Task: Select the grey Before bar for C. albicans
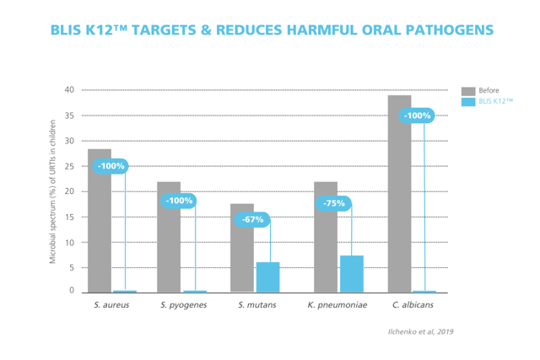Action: point(400,194)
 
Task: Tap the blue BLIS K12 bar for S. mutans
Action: point(267,277)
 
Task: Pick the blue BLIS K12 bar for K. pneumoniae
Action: point(352,274)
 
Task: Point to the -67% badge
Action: point(252,220)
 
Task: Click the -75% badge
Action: point(334,203)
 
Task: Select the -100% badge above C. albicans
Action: point(417,116)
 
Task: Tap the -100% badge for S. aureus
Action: point(111,166)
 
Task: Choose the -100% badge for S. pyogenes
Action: point(179,201)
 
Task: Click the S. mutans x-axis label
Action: point(255,305)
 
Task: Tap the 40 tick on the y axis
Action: point(69,90)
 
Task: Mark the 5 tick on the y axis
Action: point(72,268)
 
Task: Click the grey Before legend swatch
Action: point(468,90)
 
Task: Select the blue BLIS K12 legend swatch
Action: point(468,102)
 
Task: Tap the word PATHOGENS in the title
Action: point(440,31)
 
